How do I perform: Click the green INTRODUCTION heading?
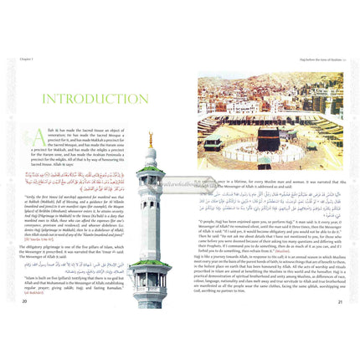(x=96, y=99)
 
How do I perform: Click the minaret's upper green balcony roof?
(x=152, y=172)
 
